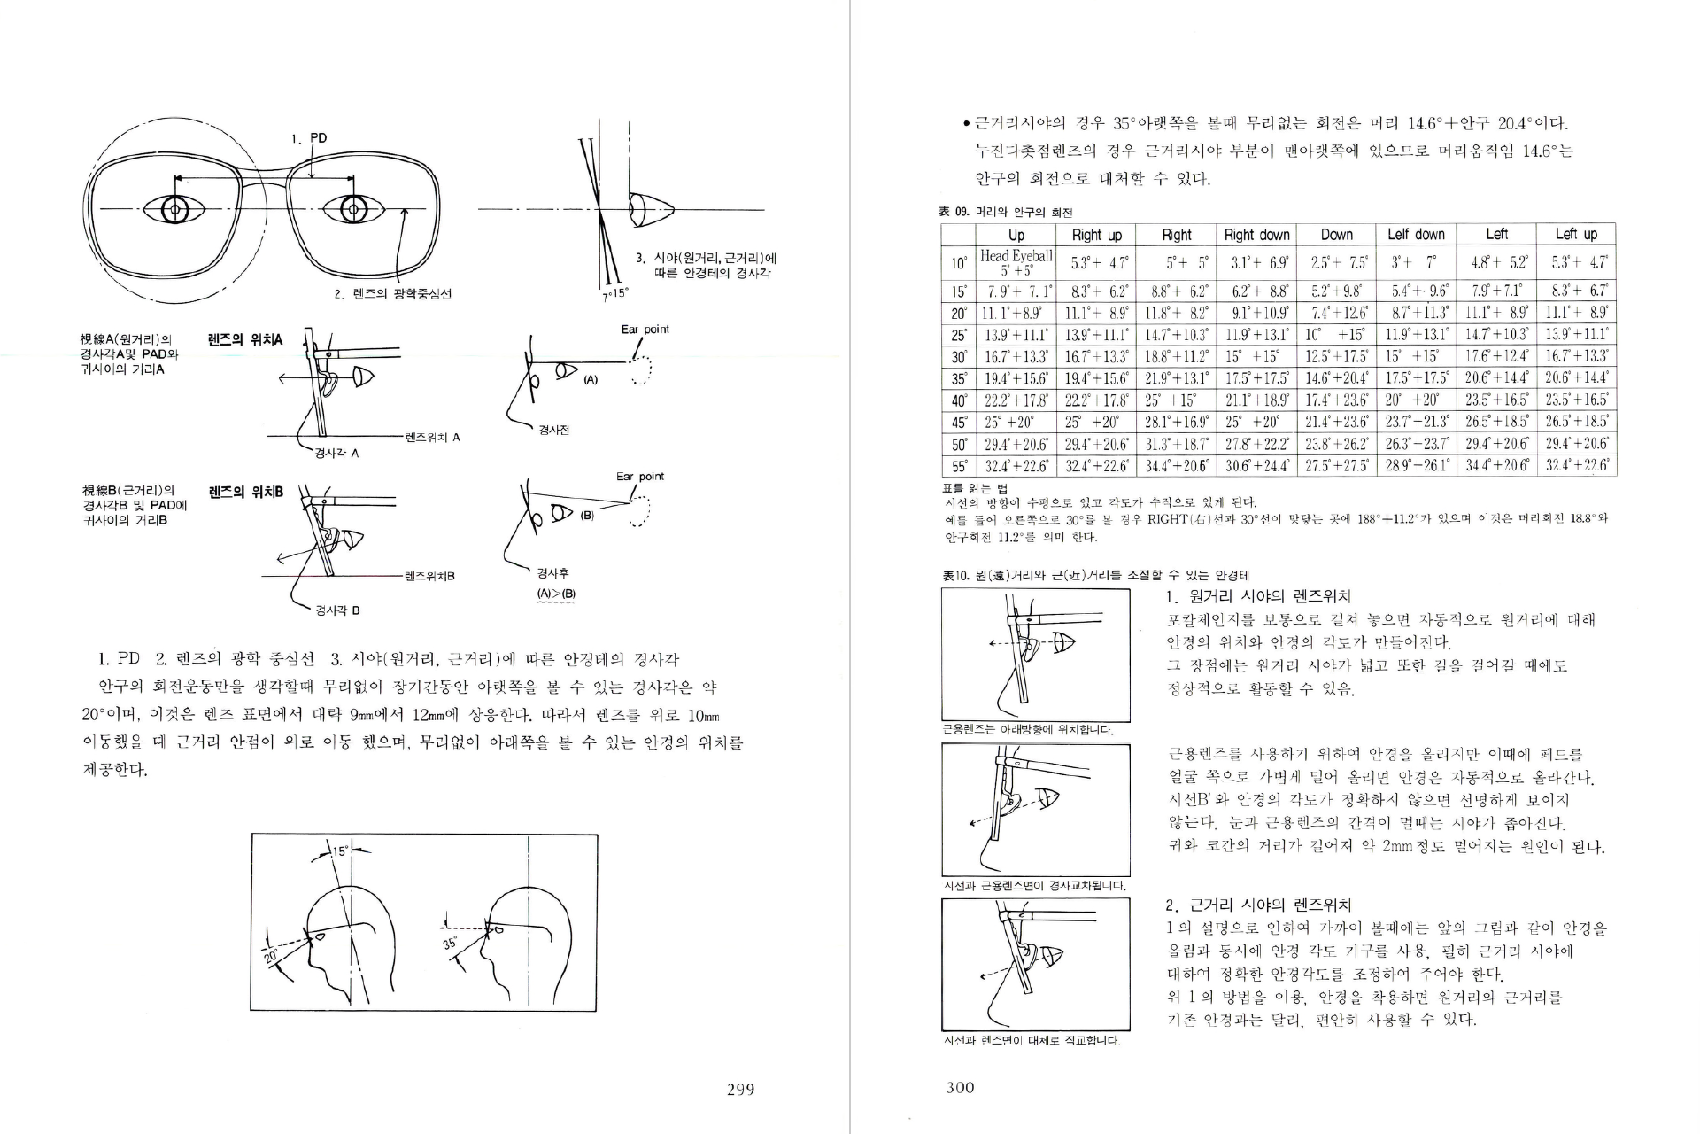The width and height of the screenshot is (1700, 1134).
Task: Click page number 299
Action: (x=740, y=1090)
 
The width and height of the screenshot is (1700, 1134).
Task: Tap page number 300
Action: (x=960, y=1088)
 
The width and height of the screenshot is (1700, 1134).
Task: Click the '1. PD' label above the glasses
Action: (x=309, y=138)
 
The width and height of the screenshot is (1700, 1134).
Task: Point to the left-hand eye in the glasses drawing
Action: (x=175, y=210)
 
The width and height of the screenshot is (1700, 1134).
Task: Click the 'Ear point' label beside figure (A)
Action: (x=645, y=330)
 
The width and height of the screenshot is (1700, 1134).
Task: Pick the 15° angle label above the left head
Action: (x=341, y=852)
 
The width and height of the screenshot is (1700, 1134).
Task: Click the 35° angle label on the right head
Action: (x=451, y=944)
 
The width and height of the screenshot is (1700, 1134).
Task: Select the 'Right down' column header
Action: (x=1256, y=235)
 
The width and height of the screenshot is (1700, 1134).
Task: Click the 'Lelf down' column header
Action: (x=1416, y=235)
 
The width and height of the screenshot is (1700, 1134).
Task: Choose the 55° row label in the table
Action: (x=958, y=466)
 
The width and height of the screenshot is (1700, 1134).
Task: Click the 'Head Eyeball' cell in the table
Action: (x=1016, y=262)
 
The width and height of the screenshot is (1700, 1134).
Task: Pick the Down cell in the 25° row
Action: (x=1336, y=336)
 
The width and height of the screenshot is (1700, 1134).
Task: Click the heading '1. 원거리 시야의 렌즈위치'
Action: (x=1257, y=596)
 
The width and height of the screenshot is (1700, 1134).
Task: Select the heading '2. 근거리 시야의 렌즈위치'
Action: (x=1257, y=905)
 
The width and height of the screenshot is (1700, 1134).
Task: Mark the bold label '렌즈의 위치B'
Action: (x=245, y=492)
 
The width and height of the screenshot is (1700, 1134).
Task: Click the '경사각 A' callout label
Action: (x=336, y=454)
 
